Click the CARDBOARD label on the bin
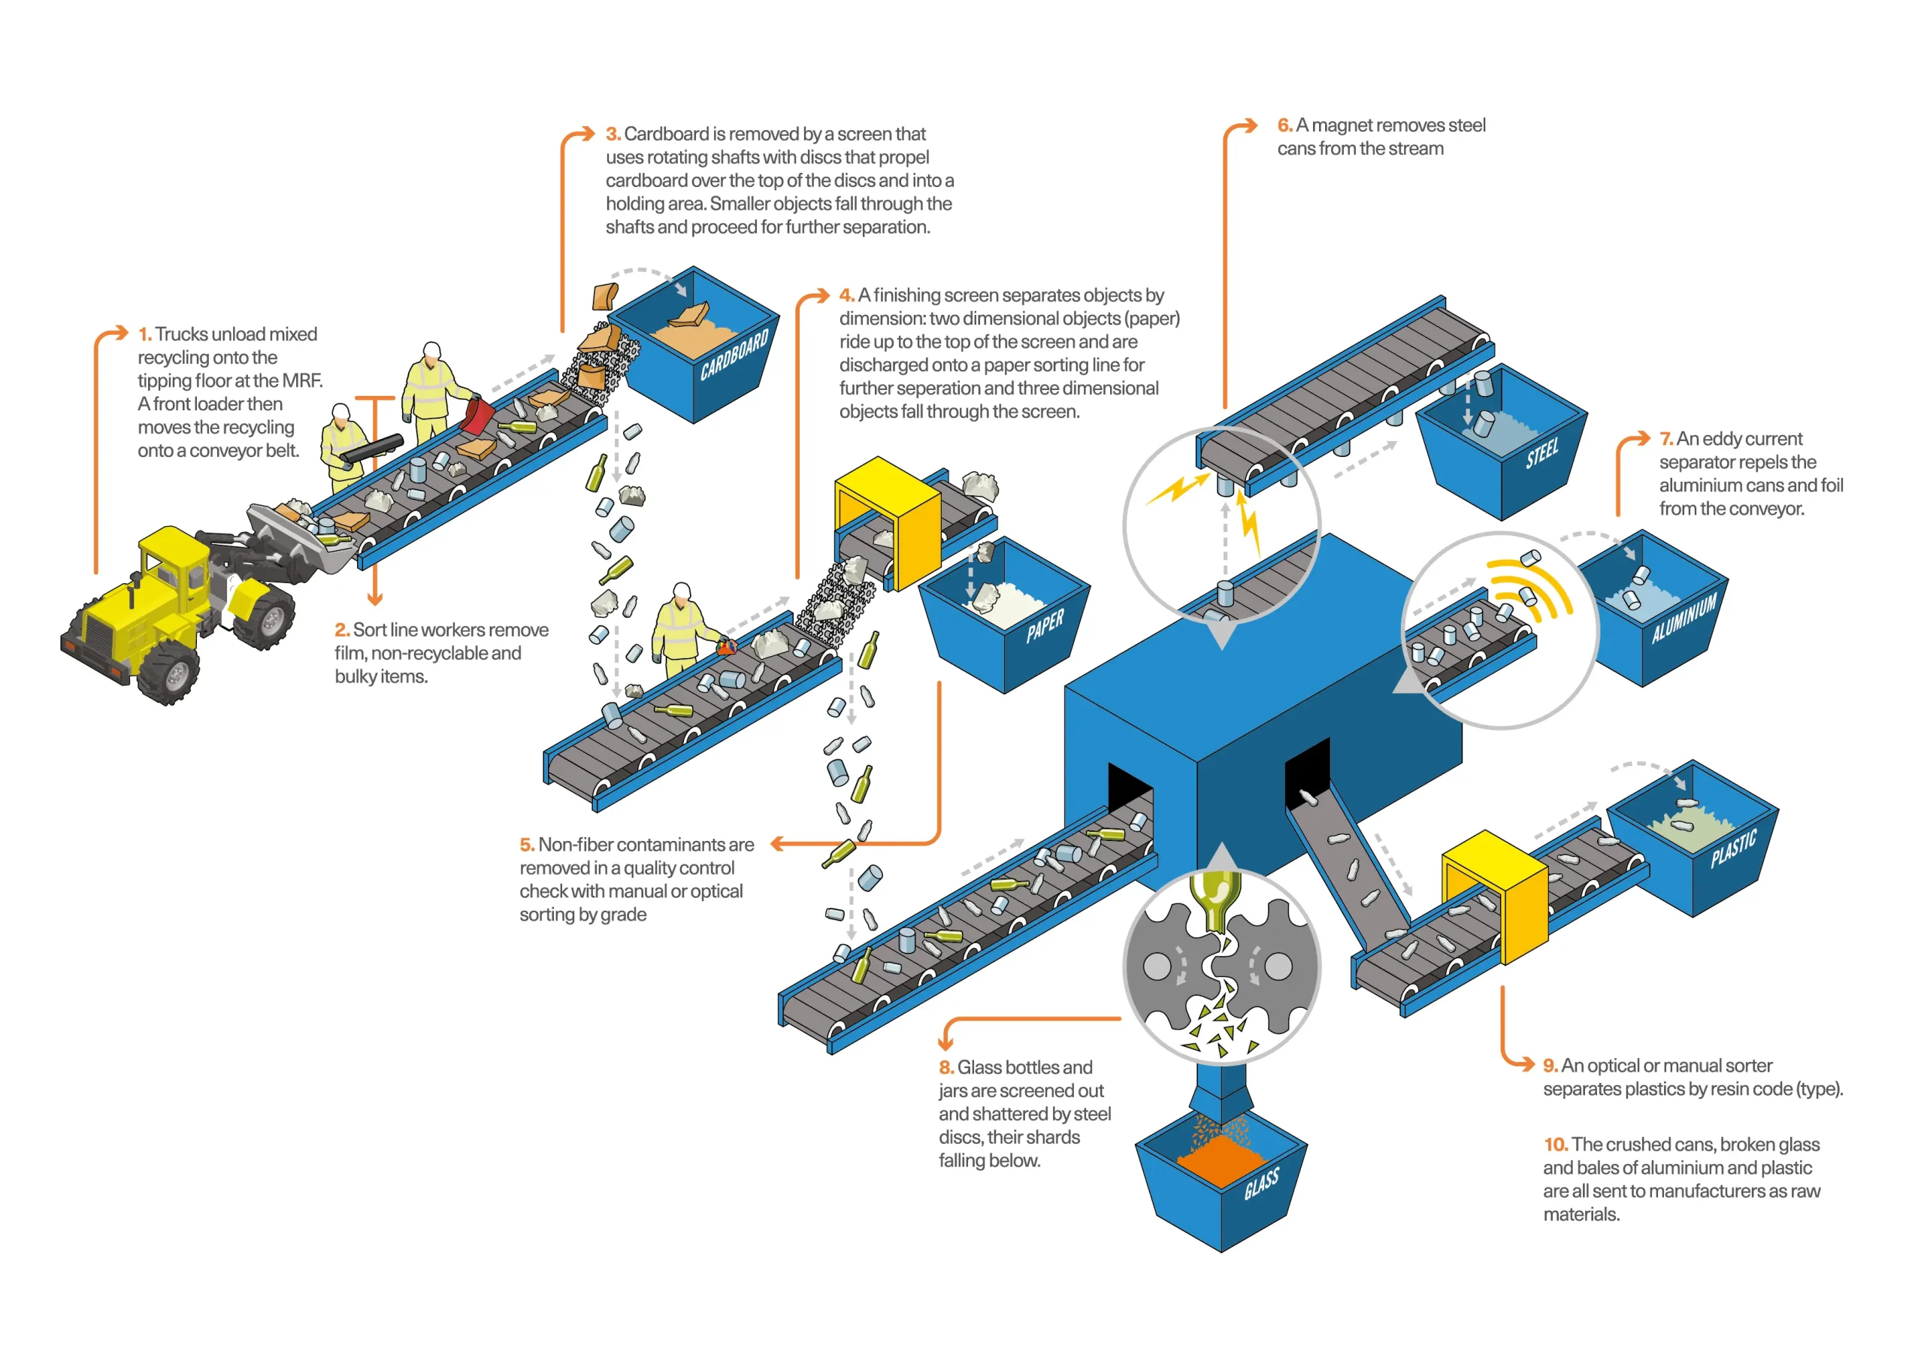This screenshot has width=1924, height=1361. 734,354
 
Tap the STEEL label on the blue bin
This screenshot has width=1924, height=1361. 1542,453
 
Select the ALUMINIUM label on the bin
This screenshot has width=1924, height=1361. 1684,618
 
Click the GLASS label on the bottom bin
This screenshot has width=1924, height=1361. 1262,1182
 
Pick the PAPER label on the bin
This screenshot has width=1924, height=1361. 1045,625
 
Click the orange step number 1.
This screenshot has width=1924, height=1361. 145,334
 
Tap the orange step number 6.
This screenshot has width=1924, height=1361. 1284,126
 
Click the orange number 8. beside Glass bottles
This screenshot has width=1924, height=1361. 946,1068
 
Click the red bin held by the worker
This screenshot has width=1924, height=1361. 479,416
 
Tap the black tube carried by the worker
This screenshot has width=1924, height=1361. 371,447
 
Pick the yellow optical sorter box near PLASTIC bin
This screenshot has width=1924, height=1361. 1496,897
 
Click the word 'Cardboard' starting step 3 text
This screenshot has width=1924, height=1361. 666,134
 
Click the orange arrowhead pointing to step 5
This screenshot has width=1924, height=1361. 777,844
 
